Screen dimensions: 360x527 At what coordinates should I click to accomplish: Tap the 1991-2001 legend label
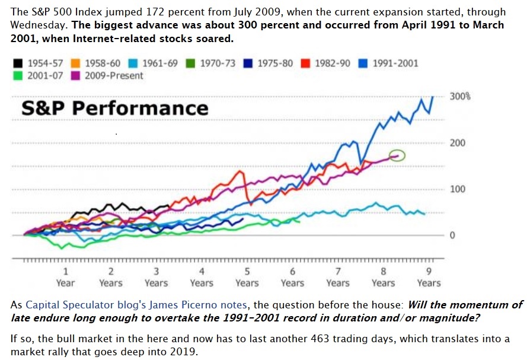[x=395, y=63]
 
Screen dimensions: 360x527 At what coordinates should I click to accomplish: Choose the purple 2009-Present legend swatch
[x=76, y=75]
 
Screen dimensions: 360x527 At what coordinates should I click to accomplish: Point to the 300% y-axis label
[x=459, y=96]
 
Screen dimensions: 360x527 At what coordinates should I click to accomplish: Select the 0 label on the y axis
[x=452, y=235]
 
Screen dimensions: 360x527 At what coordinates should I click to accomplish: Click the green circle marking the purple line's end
[x=398, y=155]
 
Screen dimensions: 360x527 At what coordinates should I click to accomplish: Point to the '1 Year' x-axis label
[x=65, y=277]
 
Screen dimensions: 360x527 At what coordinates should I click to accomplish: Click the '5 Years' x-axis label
[x=247, y=277]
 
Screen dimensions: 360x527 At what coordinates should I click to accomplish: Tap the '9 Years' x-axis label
[x=429, y=277]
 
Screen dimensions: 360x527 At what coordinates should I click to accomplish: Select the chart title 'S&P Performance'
[x=115, y=108]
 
